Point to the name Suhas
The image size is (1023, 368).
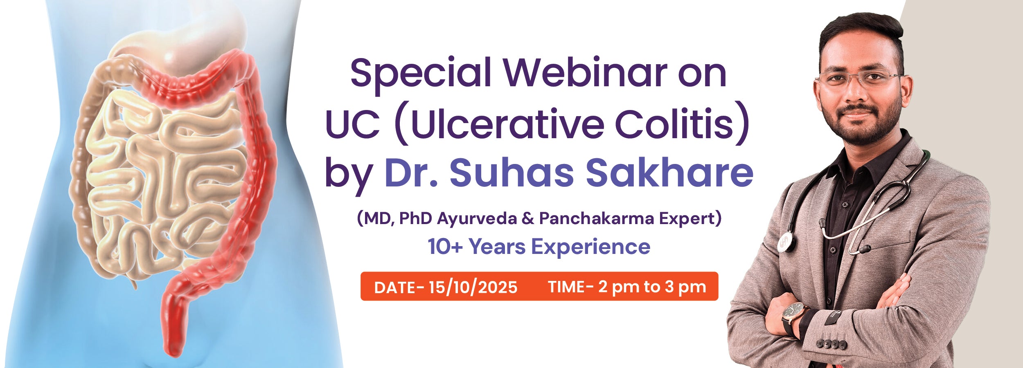point(511,172)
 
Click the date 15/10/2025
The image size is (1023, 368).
point(473,287)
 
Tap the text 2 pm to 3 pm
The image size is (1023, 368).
point(652,287)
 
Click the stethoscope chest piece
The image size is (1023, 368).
point(786,242)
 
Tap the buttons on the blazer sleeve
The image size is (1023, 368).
point(832,343)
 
